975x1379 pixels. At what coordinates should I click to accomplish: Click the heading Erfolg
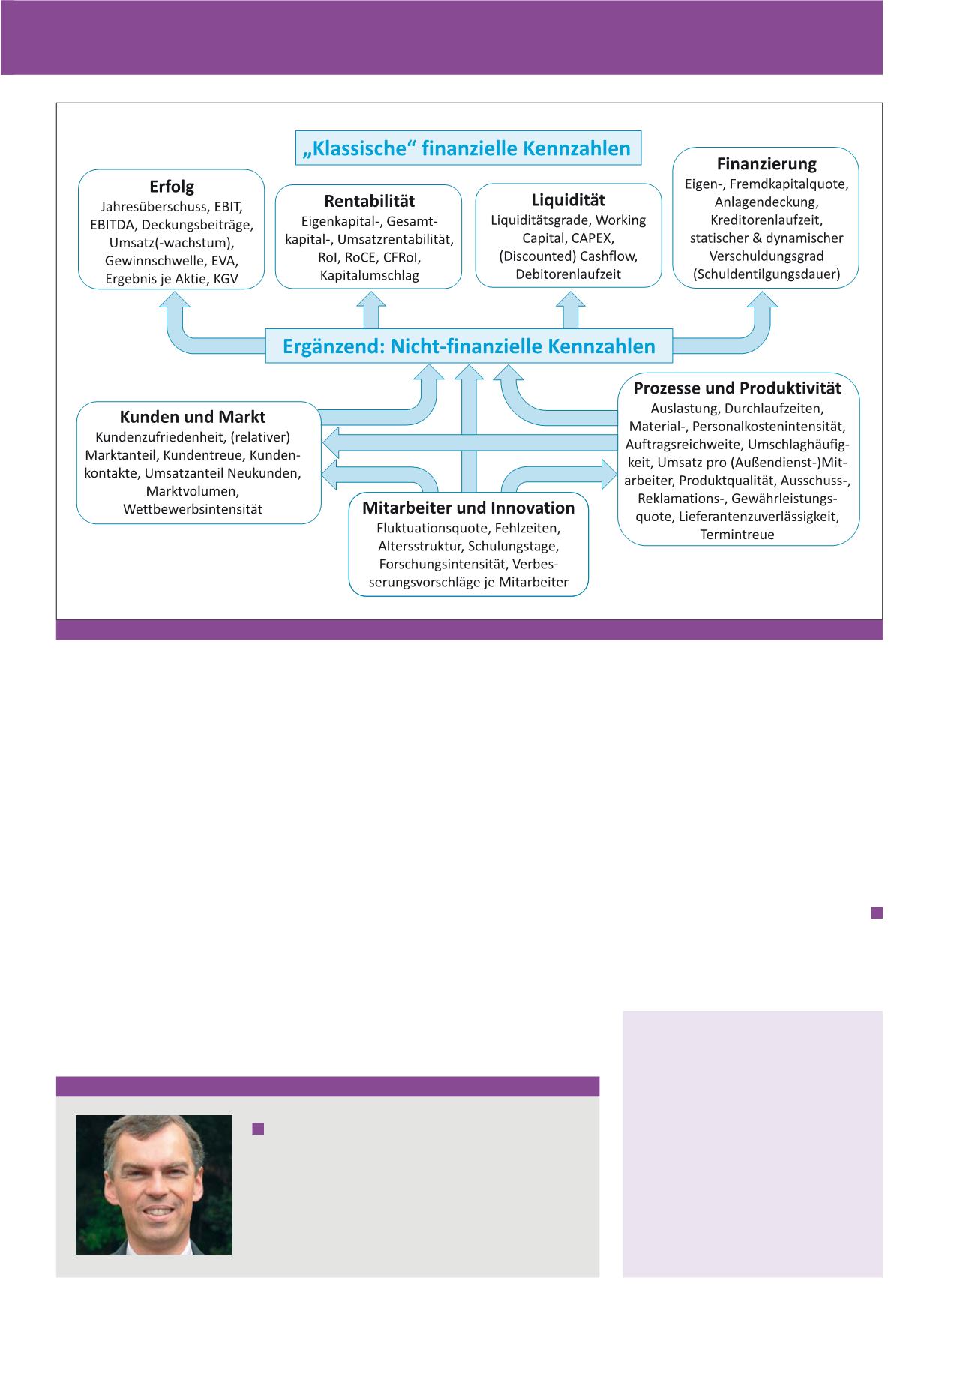click(172, 187)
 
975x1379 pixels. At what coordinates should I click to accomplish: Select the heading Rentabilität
click(369, 201)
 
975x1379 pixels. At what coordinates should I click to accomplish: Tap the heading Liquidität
click(568, 200)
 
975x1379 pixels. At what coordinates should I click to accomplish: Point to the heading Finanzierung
click(766, 163)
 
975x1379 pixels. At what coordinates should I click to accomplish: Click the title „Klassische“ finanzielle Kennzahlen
click(468, 148)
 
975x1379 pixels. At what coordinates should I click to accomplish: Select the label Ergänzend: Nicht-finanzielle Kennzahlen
click(469, 346)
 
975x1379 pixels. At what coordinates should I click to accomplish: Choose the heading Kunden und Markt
click(193, 417)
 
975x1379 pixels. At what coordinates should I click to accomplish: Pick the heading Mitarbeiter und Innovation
click(468, 508)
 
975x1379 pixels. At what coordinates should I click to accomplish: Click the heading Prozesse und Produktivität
click(737, 388)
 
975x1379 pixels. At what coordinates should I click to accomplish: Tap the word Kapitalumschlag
click(369, 275)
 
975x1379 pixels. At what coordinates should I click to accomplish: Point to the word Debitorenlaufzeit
click(568, 274)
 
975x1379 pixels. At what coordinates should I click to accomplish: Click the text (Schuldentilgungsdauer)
click(766, 274)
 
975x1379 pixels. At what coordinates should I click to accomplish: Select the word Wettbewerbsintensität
click(193, 509)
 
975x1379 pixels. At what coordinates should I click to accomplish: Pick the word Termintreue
click(737, 535)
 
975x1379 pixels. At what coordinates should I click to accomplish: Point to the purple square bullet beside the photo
click(259, 1129)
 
